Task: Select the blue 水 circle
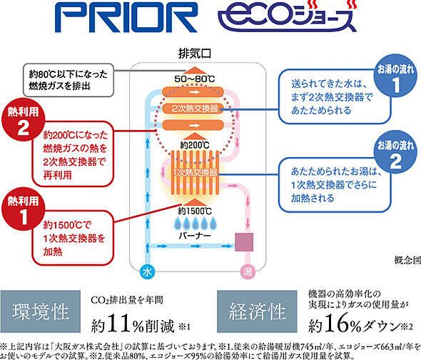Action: (146, 273)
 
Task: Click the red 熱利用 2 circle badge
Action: (19, 123)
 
